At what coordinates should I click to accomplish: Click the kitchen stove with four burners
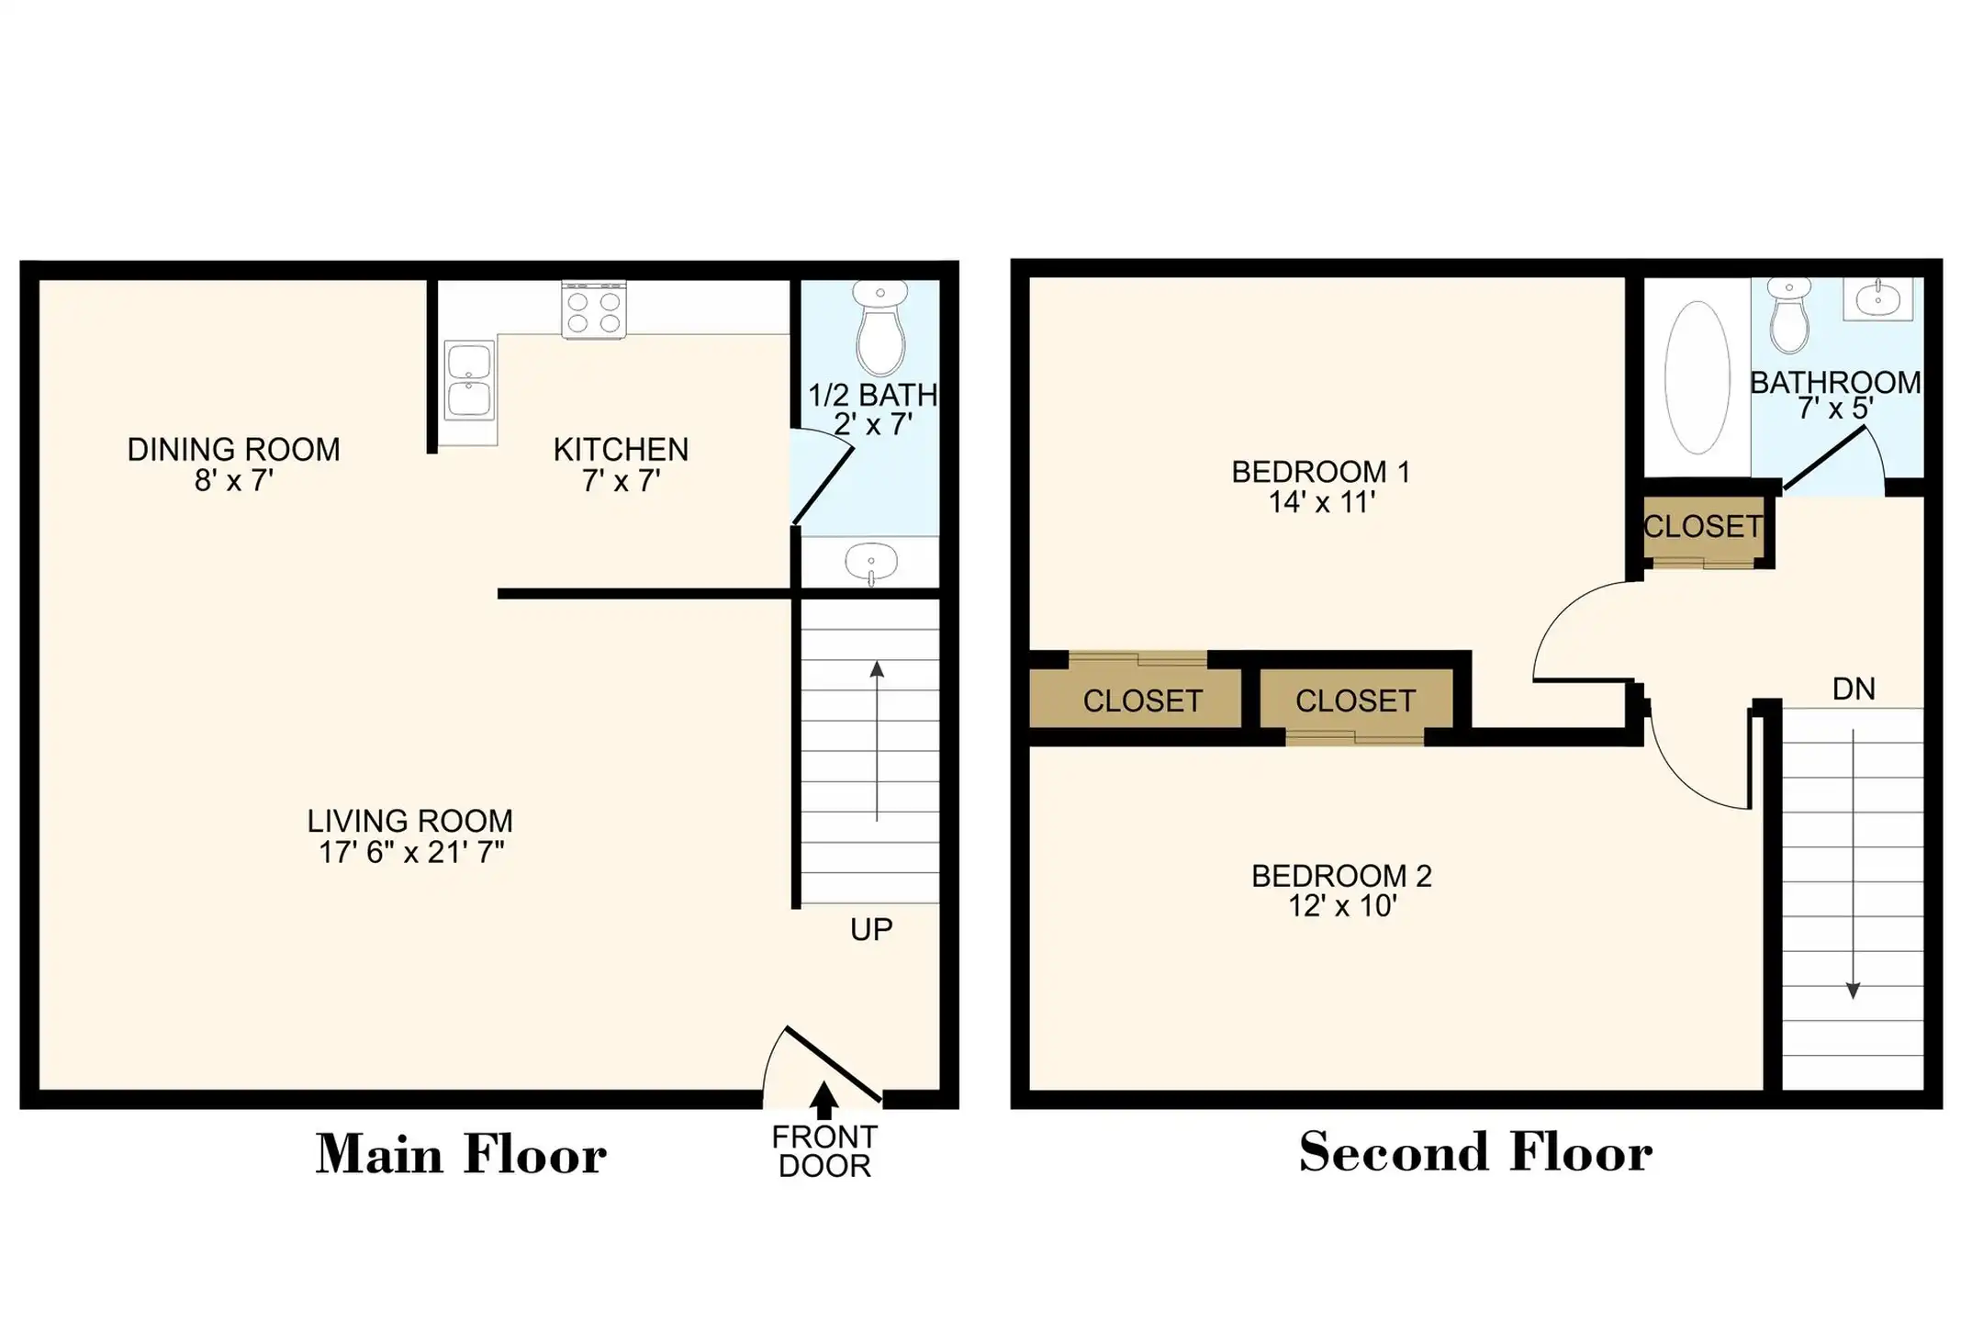click(594, 309)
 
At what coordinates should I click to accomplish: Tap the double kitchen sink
click(469, 379)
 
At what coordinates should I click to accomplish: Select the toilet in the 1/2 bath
click(880, 328)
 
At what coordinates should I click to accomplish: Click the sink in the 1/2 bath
click(870, 561)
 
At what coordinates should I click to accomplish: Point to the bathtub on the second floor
click(1697, 377)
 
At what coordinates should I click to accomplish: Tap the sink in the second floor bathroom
click(1878, 298)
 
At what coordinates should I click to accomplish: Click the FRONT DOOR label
click(824, 1151)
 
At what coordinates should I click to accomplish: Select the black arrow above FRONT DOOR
click(824, 1100)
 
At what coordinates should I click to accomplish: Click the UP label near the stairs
click(871, 930)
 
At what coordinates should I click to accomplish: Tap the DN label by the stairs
click(1854, 689)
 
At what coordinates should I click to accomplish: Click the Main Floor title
click(461, 1154)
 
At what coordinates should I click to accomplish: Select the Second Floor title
click(1476, 1151)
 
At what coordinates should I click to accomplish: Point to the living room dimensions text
click(410, 852)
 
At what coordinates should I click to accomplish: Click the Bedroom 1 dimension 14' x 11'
click(1321, 502)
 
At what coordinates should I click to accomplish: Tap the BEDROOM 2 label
click(1341, 876)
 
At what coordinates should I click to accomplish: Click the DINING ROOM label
click(233, 450)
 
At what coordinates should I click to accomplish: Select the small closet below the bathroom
click(1703, 531)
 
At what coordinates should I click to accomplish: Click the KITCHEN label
click(621, 450)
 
